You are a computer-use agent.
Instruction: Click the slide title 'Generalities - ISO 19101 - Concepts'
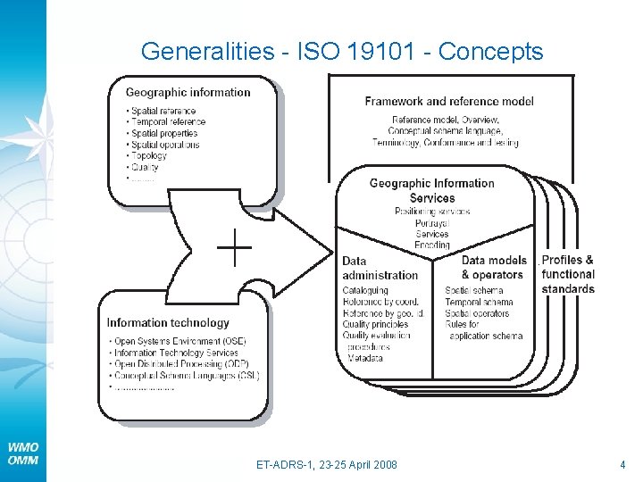point(341,52)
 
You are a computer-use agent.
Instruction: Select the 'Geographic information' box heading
point(188,92)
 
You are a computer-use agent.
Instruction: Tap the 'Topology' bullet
point(148,156)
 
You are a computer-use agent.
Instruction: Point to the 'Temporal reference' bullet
point(168,122)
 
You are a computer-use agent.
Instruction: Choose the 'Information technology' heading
point(168,322)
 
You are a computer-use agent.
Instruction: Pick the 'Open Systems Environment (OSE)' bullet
point(179,342)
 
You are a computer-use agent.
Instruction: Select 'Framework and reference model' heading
point(449,101)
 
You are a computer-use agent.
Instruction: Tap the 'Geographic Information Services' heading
point(432,190)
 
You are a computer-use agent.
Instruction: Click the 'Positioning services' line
point(432,212)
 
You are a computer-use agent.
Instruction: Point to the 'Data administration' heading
point(380,268)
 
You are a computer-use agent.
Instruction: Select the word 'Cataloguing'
point(365,290)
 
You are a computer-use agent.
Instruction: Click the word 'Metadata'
point(364,358)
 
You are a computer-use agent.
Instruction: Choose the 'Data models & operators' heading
point(491,268)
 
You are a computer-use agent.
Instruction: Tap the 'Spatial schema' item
point(473,290)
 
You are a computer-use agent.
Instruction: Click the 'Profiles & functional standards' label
point(567,274)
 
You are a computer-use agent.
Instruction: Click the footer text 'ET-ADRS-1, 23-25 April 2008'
point(327,465)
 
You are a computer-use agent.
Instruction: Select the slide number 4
point(622,465)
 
